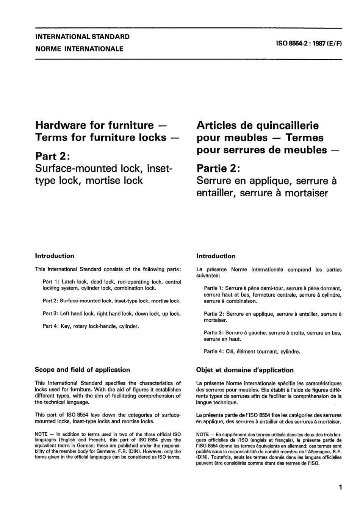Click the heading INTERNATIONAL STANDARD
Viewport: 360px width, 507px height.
pyautogui.click(x=82, y=37)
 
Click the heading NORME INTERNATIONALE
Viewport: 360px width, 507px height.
pyautogui.click(x=79, y=49)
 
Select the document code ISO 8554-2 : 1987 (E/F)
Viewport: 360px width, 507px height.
pyautogui.click(x=309, y=43)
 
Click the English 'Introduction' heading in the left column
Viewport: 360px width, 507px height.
pyautogui.click(x=55, y=256)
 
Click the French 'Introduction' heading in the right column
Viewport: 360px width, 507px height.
pyautogui.click(x=216, y=256)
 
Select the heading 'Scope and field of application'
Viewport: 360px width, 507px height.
pyautogui.click(x=82, y=370)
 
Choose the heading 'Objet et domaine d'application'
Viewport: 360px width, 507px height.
pyautogui.click(x=245, y=370)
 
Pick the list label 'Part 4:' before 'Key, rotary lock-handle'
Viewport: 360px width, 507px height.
pyautogui.click(x=51, y=326)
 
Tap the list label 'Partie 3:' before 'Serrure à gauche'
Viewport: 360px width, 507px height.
pyautogui.click(x=214, y=333)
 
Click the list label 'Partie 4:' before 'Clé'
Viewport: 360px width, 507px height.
pyautogui.click(x=214, y=351)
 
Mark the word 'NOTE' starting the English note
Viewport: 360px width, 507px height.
pyautogui.click(x=41, y=434)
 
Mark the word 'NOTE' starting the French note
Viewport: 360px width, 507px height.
pyautogui.click(x=203, y=434)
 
